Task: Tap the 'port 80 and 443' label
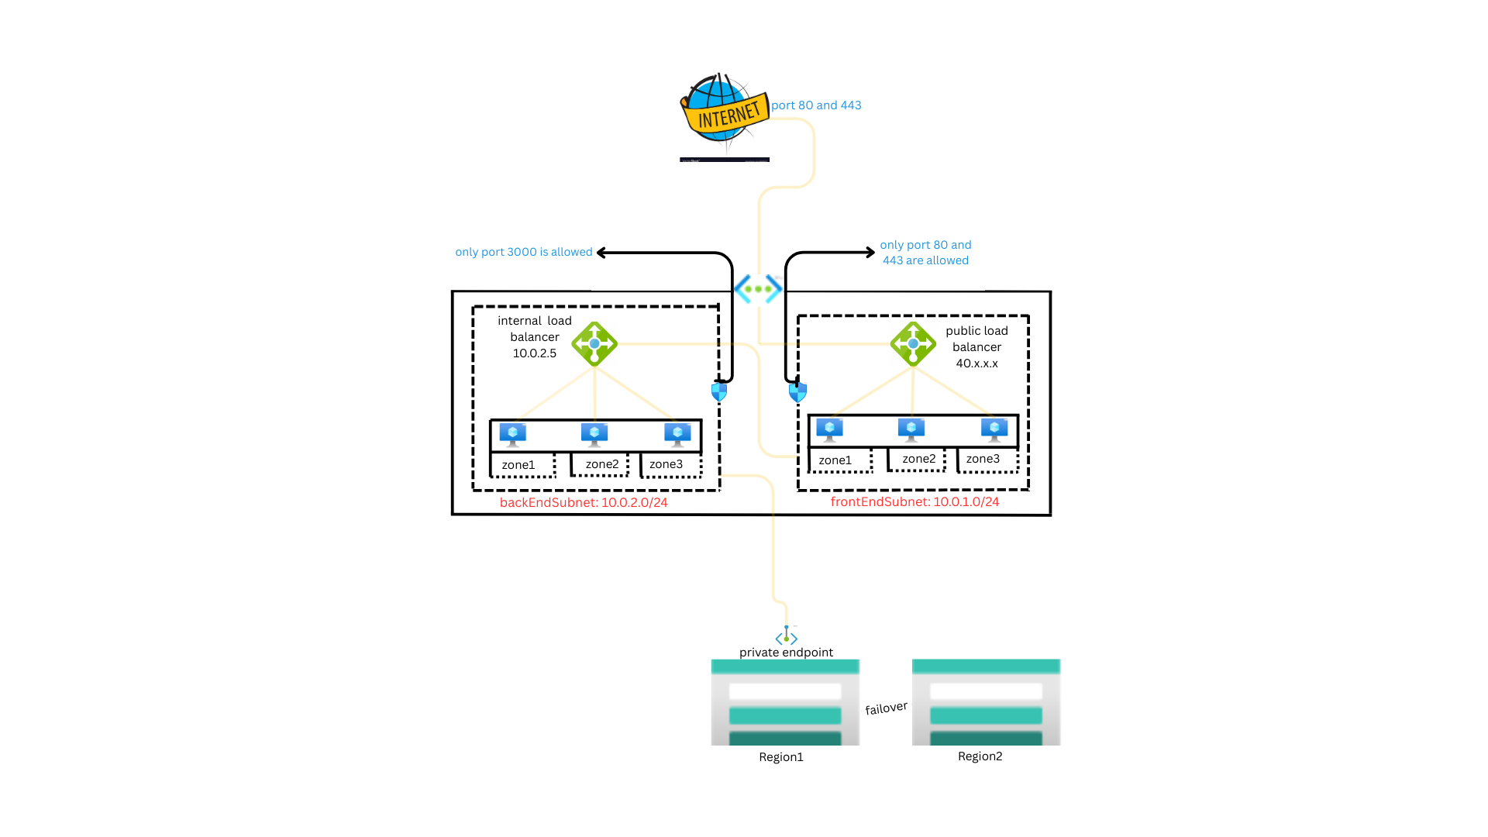click(816, 105)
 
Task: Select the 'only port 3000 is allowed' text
click(523, 252)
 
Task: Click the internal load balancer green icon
click(594, 343)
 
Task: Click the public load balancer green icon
click(913, 343)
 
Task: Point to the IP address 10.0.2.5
click(534, 353)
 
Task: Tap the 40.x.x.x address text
click(976, 363)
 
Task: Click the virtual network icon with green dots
click(758, 289)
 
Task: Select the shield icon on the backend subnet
click(719, 392)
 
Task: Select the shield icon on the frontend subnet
click(797, 393)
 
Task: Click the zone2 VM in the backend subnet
click(594, 434)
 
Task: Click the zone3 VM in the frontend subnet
click(994, 429)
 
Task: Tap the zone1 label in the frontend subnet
click(835, 460)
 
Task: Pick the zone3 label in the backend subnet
click(666, 464)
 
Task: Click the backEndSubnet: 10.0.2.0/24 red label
click(584, 502)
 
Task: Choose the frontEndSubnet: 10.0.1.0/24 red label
click(914, 501)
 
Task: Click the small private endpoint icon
click(787, 636)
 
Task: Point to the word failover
click(886, 708)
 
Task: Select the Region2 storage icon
click(986, 701)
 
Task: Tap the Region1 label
click(780, 757)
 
